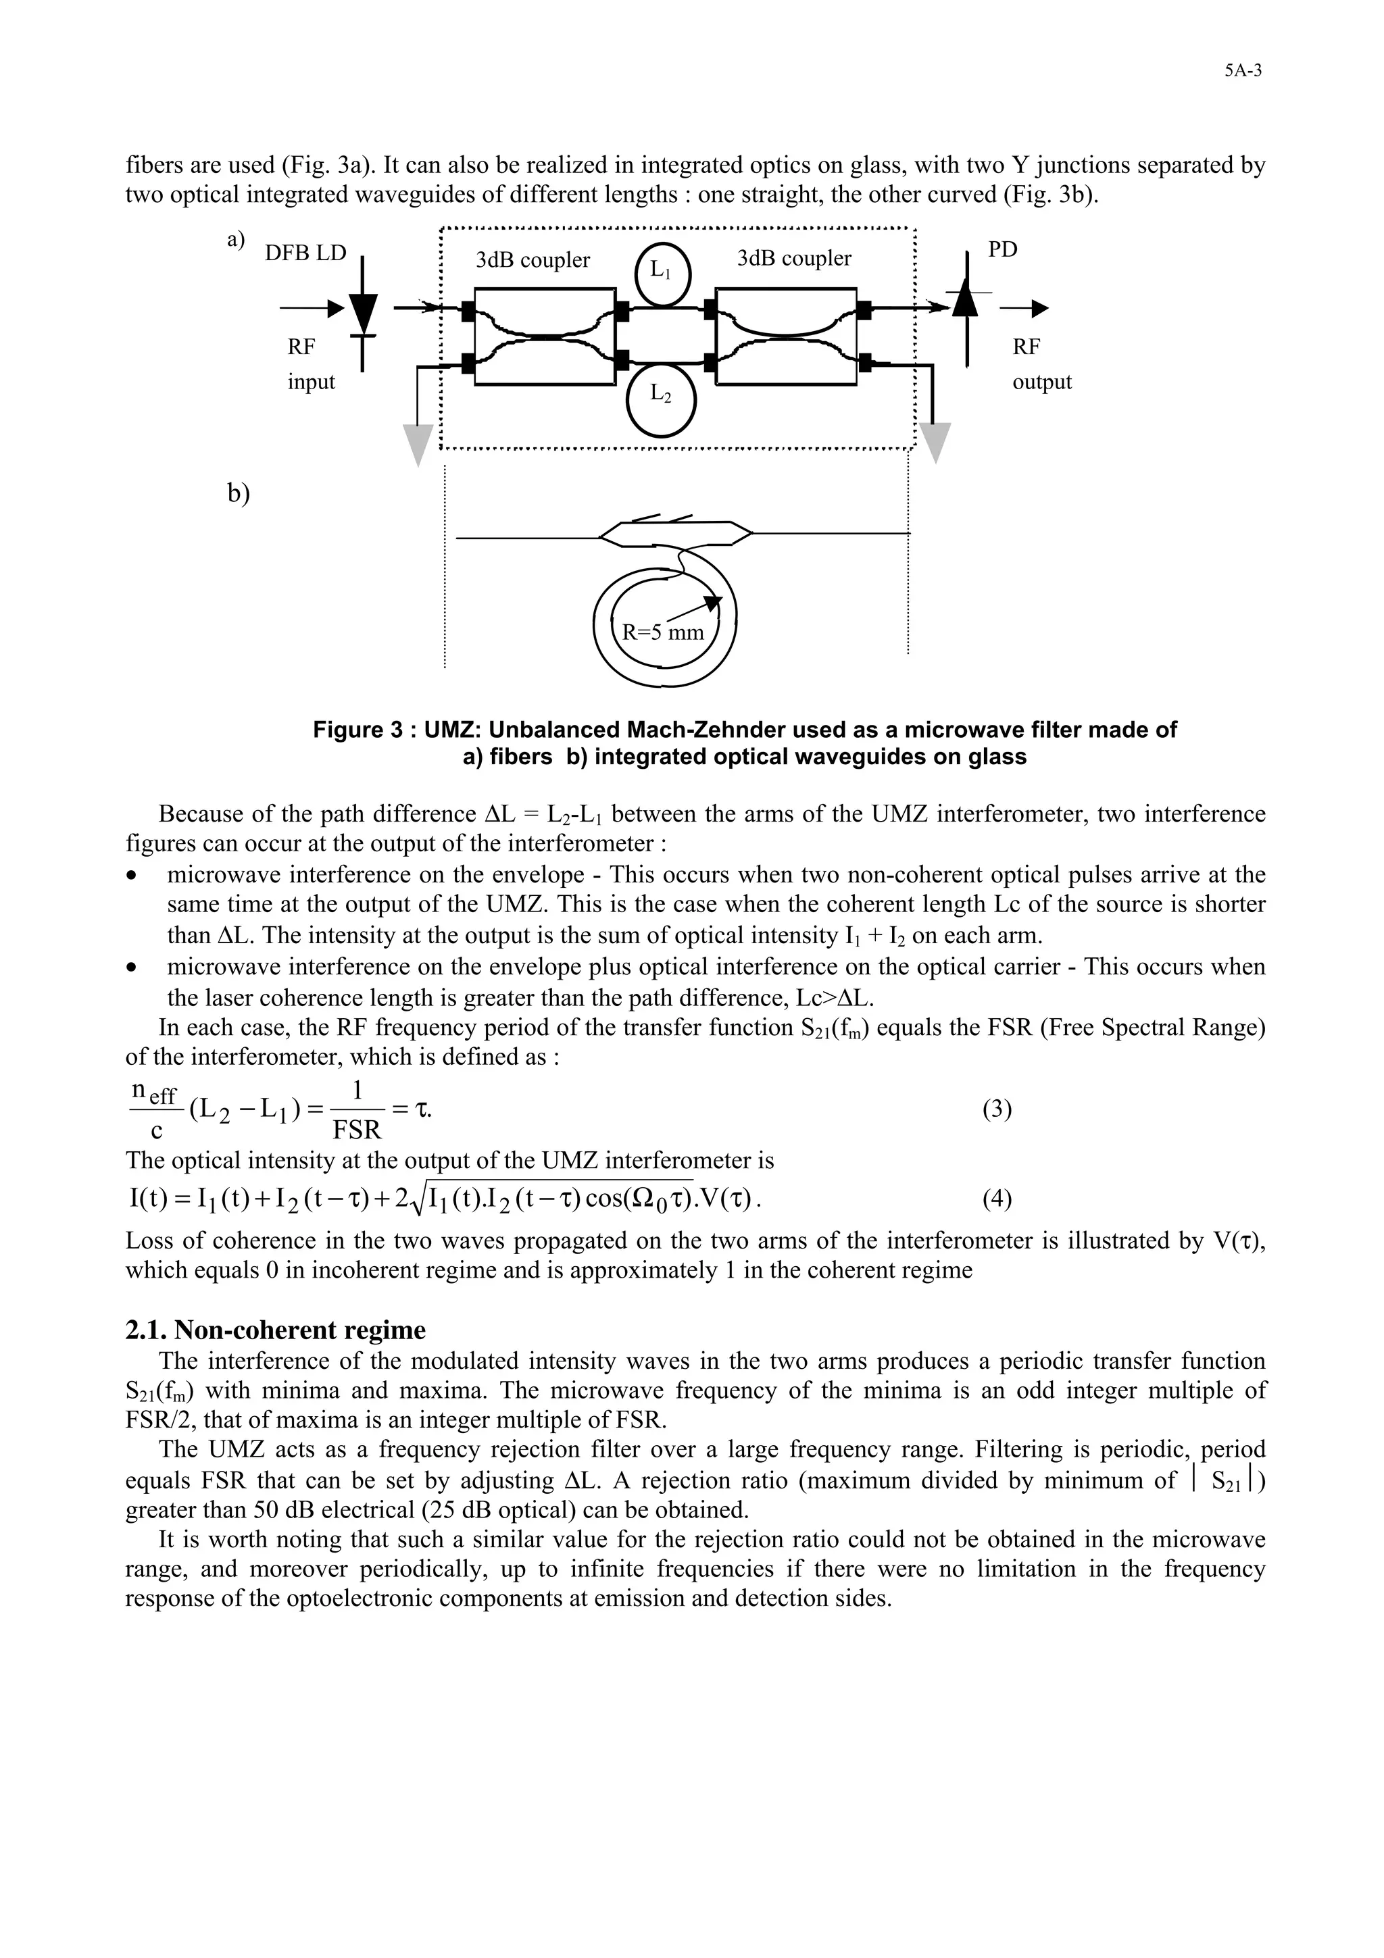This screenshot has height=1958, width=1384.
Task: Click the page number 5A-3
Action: pos(1243,72)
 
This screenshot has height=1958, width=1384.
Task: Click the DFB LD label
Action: pos(305,253)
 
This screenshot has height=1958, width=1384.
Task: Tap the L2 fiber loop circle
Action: pos(661,397)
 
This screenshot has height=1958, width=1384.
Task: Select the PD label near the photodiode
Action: pos(1003,250)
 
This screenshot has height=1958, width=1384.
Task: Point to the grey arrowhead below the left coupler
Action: pos(418,445)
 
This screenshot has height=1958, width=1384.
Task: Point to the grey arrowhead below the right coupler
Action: pos(935,443)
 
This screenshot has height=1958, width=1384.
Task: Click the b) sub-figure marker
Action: pos(239,494)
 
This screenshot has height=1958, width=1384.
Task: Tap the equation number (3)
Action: pos(996,1110)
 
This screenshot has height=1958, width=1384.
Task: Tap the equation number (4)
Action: pos(996,1200)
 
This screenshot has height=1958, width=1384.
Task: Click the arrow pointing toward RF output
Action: pos(1026,309)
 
